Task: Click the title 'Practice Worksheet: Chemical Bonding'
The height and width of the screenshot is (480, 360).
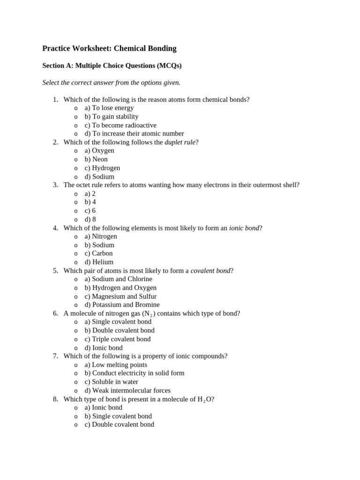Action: [109, 48]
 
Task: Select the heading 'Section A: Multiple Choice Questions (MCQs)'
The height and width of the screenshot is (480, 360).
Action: [112, 66]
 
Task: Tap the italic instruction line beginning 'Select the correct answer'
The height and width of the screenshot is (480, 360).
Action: [111, 82]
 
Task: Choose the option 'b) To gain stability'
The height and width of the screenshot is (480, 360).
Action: [112, 117]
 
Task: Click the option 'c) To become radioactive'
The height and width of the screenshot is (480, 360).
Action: [120, 125]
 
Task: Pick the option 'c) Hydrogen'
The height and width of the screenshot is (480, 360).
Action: [102, 168]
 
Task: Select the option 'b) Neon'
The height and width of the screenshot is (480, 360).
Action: [96, 159]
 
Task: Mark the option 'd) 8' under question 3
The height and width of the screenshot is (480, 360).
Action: [90, 219]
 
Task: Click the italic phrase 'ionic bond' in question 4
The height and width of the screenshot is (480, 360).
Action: [244, 228]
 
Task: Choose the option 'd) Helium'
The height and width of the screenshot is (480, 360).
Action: [99, 262]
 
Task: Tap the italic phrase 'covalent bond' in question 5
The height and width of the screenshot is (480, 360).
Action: [210, 270]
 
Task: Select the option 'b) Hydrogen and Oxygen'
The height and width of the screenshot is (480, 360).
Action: [120, 288]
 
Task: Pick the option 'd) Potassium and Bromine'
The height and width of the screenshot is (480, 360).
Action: [122, 305]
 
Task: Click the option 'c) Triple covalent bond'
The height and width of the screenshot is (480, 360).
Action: [118, 339]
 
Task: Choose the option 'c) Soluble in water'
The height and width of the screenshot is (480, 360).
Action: [111, 382]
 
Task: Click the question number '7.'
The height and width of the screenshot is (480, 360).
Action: [55, 356]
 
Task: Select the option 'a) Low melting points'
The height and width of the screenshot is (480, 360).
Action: [116, 365]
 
